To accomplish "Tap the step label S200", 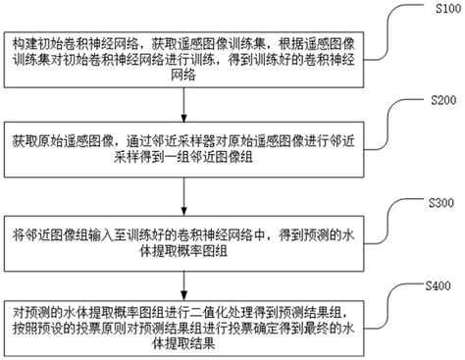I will (436, 100).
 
